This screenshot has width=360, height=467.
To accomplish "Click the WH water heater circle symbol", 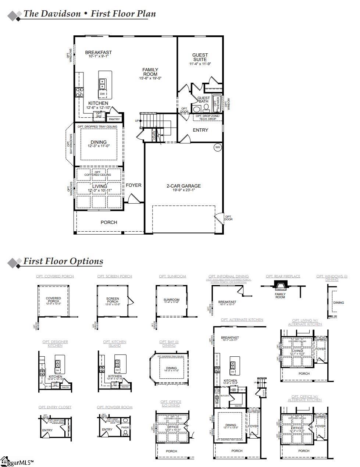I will click(217, 147).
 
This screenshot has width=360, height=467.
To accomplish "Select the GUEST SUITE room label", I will click(200, 57).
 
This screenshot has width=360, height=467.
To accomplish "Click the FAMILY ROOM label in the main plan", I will click(150, 72).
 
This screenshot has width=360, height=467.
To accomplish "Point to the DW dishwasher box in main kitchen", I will click(102, 94).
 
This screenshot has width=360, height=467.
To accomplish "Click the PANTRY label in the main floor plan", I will click(114, 119).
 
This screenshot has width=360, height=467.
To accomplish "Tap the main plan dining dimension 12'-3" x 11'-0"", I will click(99, 146).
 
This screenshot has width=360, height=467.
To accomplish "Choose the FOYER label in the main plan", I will click(133, 185).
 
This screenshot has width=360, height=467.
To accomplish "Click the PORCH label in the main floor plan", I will click(109, 222).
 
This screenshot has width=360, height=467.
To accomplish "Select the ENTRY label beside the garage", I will click(200, 130).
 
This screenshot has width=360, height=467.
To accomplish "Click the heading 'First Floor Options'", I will click(63, 261).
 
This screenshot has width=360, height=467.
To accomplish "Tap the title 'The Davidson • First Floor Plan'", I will click(90, 14).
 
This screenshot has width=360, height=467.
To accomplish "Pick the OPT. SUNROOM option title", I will click(172, 276).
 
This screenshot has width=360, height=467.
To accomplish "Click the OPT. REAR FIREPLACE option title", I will click(283, 276).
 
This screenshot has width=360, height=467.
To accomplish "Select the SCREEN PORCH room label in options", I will click(113, 300).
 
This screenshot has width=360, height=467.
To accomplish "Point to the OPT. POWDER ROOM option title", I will click(115, 407).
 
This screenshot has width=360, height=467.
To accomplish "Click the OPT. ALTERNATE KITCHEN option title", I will click(242, 320).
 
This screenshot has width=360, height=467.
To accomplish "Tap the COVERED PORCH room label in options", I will click(53, 300).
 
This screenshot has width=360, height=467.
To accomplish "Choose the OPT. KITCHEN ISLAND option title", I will click(115, 343).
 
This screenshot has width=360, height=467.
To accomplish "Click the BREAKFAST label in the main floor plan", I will click(98, 53).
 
